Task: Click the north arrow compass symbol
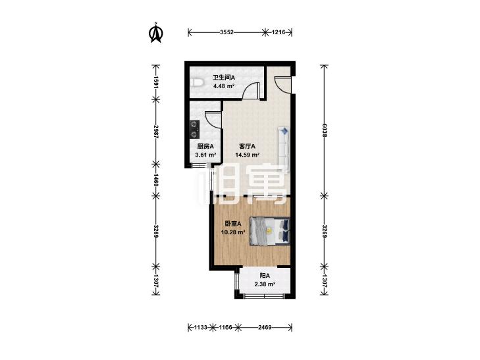[156, 32]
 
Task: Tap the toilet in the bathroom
[196, 83]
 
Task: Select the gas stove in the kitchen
[194, 129]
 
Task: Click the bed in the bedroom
[270, 231]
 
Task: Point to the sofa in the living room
[284, 149]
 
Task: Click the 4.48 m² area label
[224, 86]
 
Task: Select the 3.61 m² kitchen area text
[205, 155]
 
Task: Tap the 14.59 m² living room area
[248, 155]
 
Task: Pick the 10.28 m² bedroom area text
[233, 232]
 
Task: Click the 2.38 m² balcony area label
[265, 284]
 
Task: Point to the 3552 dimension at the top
[227, 32]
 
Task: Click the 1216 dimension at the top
[279, 32]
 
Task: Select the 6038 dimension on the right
[325, 130]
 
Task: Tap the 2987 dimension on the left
[156, 132]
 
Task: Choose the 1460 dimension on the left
[156, 180]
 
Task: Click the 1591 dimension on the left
[156, 82]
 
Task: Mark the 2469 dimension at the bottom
[265, 328]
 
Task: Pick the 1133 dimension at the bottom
[201, 328]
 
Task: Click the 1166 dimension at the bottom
[226, 328]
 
